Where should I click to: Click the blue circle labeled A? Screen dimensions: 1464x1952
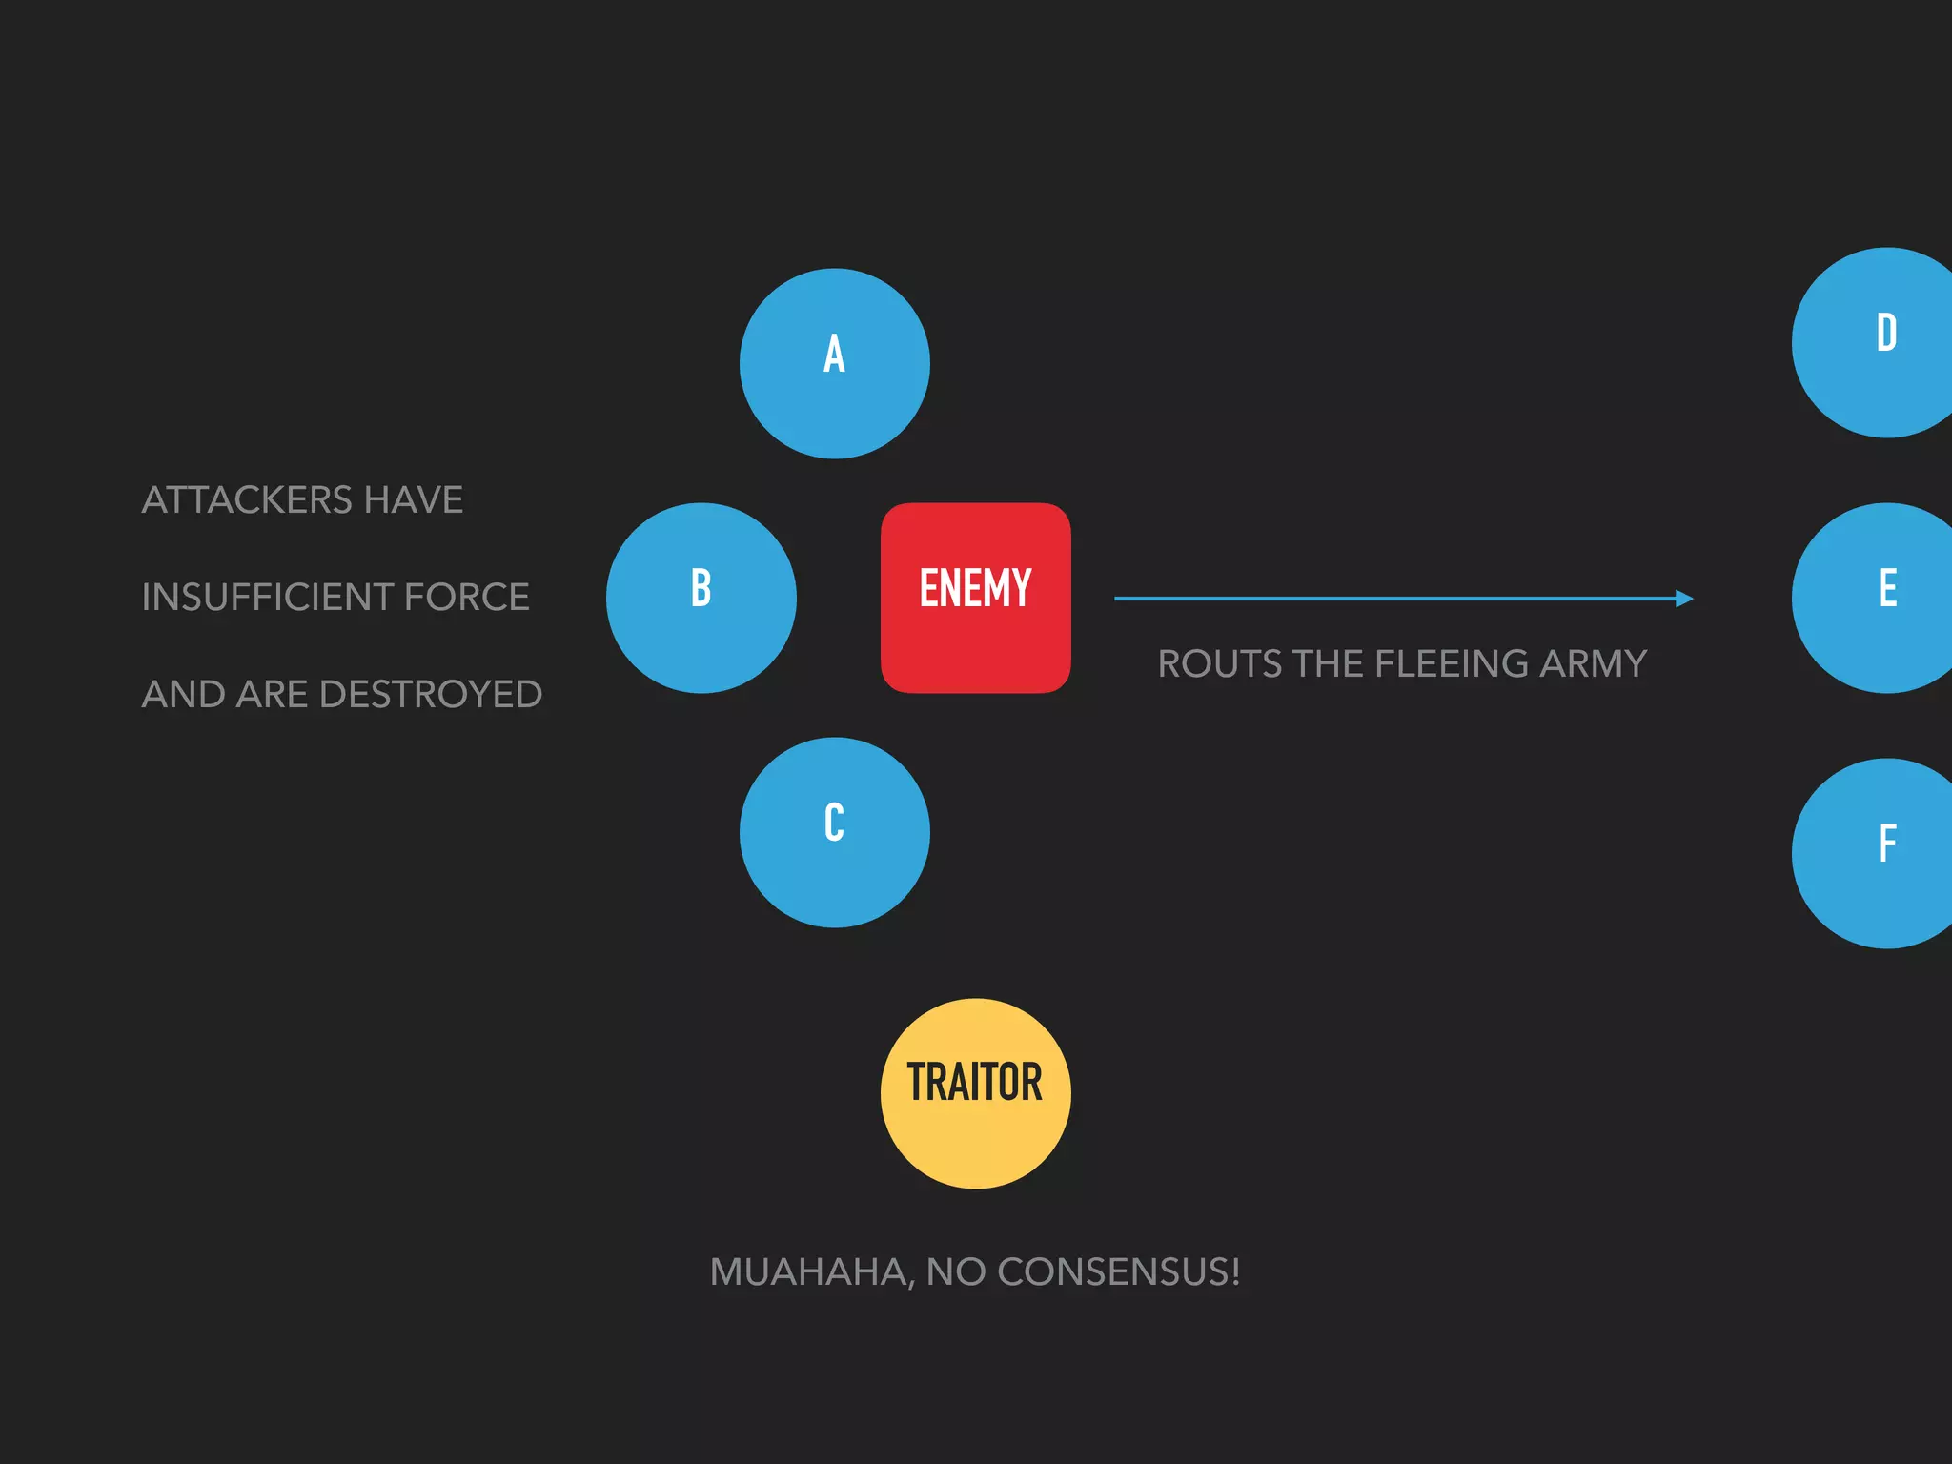834,363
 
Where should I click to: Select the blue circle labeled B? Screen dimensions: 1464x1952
701,598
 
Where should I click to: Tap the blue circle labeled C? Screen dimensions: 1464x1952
834,832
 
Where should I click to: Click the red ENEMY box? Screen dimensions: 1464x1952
975,598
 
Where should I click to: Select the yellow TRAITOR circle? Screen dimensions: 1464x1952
975,1093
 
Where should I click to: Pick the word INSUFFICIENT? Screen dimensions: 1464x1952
266,598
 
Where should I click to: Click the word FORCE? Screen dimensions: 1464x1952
466,598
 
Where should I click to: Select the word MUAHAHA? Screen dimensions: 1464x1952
811,1272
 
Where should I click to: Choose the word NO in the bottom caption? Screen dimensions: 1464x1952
955,1272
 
